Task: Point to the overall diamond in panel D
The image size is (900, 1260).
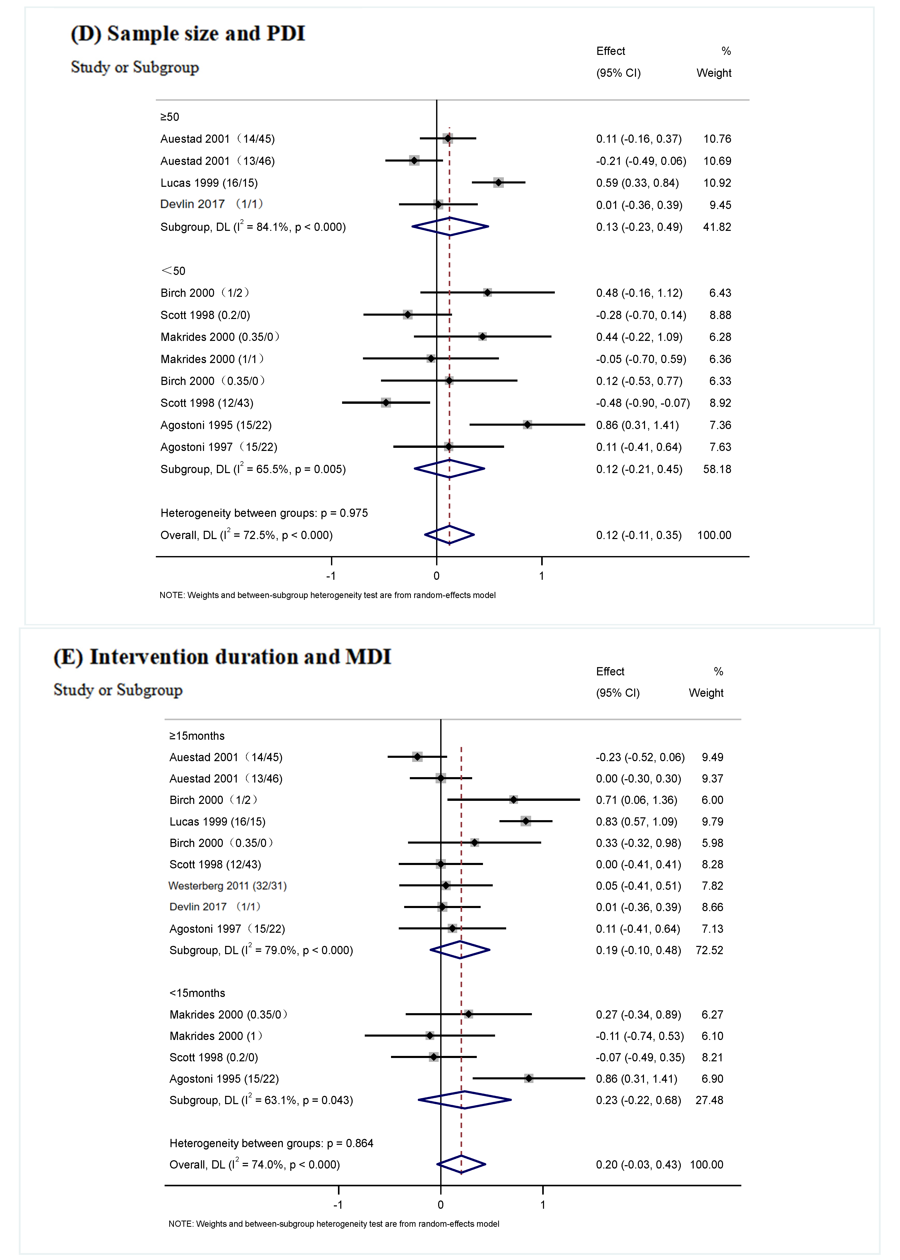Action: pyautogui.click(x=449, y=535)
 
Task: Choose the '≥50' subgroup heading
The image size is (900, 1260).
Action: pyautogui.click(x=169, y=117)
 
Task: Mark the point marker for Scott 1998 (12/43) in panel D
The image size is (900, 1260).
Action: pyautogui.click(x=386, y=402)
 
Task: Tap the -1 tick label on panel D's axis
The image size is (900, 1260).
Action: pyautogui.click(x=331, y=576)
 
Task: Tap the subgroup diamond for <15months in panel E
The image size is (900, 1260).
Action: pyautogui.click(x=464, y=1100)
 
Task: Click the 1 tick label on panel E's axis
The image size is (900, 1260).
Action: pyautogui.click(x=542, y=1205)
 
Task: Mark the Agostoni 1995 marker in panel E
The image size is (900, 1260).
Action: pyautogui.click(x=529, y=1078)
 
